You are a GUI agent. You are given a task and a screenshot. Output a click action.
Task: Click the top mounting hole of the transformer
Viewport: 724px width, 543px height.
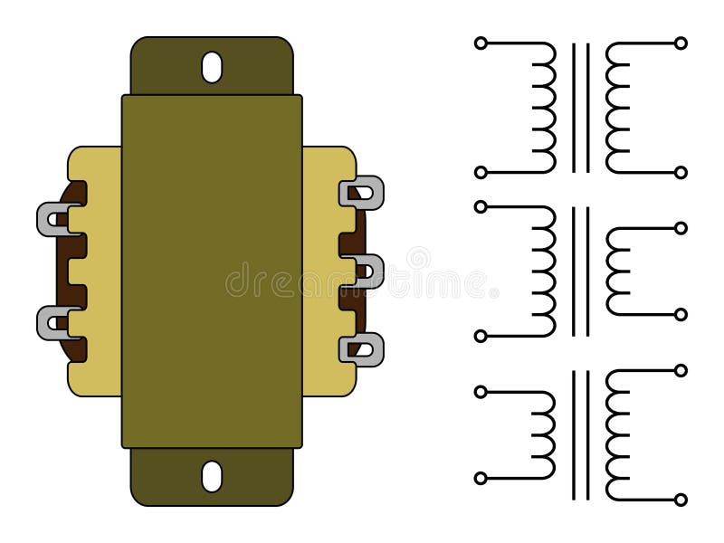point(212,67)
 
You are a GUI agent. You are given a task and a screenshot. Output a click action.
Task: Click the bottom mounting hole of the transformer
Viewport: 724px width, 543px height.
point(212,477)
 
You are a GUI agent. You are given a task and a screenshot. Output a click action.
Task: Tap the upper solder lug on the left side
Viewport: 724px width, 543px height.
point(52,219)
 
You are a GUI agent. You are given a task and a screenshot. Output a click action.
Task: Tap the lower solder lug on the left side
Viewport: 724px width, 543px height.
point(52,323)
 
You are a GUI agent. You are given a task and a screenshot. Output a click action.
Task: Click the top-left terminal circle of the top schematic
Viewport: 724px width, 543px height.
point(481,43)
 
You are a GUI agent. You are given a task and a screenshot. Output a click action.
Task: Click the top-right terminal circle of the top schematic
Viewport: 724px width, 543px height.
point(681,43)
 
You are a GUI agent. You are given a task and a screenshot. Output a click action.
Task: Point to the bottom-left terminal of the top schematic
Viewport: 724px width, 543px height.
point(481,173)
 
